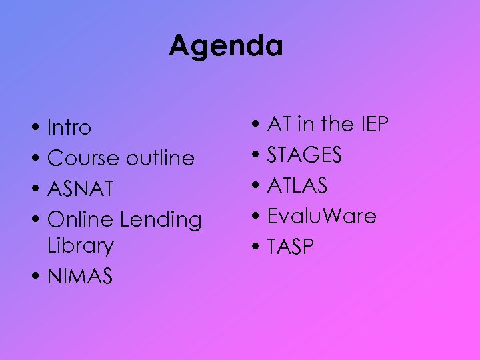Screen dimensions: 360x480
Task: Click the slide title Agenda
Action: pos(226,47)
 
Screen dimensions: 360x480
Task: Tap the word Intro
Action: pos(69,127)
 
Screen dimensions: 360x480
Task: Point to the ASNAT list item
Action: pos(81,189)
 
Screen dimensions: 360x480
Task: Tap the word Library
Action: pos(81,246)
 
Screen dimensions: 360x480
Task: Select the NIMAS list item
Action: pos(80,276)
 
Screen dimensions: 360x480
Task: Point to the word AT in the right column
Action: pos(279,125)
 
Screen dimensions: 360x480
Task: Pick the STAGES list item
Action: pos(305,155)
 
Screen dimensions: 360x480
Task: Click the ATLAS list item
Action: pos(297,186)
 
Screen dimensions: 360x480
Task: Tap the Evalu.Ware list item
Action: pos(321,217)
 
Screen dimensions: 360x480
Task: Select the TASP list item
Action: pos(290,247)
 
